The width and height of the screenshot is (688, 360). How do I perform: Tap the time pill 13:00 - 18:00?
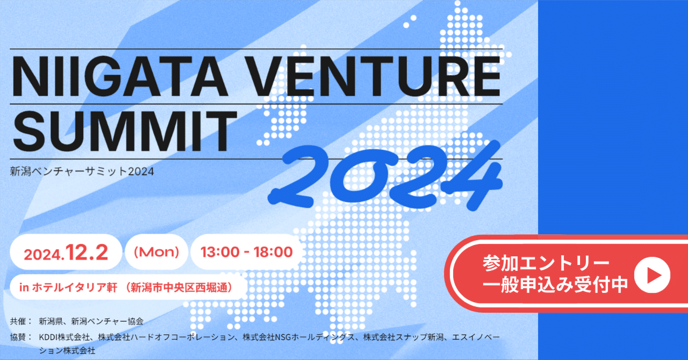(247, 252)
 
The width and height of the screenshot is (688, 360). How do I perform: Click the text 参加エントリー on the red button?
(546, 263)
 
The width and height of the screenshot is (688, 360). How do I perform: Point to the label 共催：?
(21, 321)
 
